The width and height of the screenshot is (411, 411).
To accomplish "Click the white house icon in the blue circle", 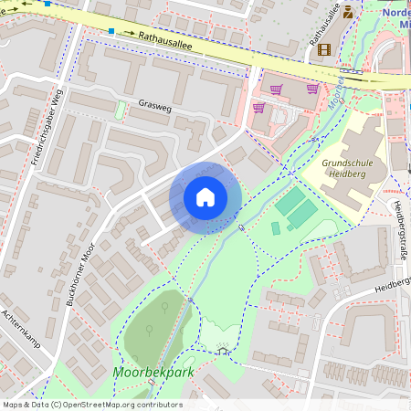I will (205, 196).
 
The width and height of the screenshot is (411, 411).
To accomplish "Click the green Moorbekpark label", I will (146, 373).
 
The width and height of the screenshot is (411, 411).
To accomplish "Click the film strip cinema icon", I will (325, 48).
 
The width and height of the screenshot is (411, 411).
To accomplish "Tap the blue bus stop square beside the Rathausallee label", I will (111, 31).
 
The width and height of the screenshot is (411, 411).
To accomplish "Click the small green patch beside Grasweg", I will (120, 110).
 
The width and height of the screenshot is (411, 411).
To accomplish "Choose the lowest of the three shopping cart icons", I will (258, 107).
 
